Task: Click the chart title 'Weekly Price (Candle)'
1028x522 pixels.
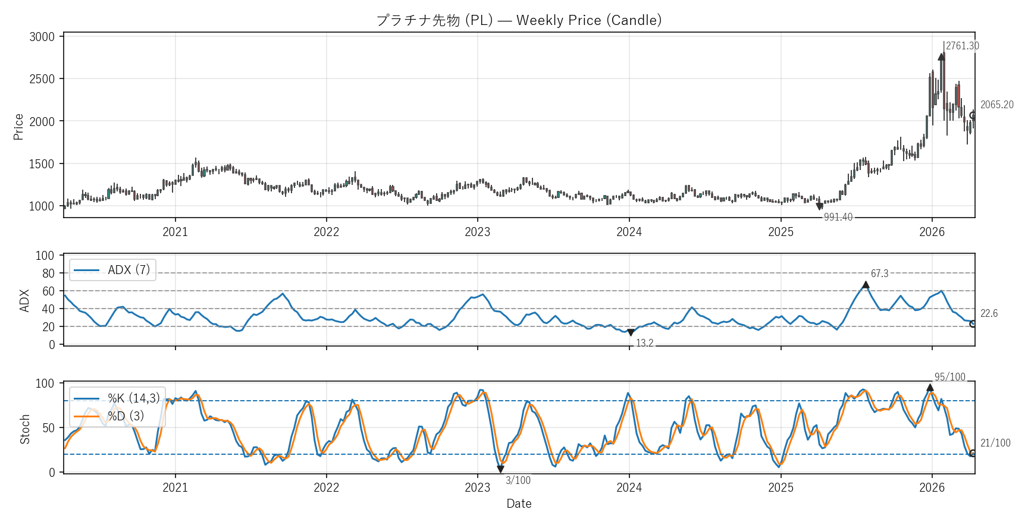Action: pos(519,20)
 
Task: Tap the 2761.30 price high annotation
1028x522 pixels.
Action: pos(962,46)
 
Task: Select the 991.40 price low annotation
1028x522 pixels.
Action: pos(838,217)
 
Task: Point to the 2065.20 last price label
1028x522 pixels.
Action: pos(996,105)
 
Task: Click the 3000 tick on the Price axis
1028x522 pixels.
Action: pos(42,37)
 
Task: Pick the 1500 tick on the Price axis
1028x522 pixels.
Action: pos(42,164)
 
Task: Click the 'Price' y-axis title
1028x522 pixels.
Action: pos(18,127)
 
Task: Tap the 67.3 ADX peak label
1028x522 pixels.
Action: pos(879,273)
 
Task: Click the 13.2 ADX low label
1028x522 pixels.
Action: pos(644,343)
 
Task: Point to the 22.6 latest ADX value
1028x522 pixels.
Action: pos(989,313)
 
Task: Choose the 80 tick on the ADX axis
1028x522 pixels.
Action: pos(48,273)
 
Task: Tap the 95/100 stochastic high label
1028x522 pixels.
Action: pos(949,377)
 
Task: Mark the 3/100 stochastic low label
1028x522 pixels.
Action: pos(518,480)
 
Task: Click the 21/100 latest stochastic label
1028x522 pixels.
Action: pos(995,443)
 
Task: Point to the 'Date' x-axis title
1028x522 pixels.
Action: pos(519,504)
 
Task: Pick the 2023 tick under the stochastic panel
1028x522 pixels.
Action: pos(477,488)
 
